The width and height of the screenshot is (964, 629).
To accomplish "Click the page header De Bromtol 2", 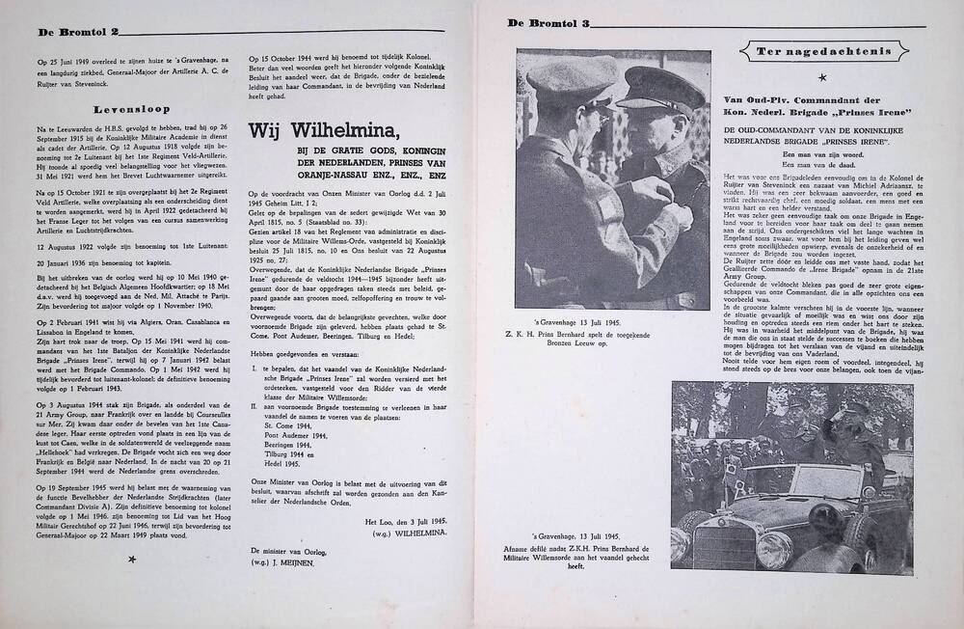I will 78,32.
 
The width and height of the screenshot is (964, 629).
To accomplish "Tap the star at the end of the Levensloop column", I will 132,559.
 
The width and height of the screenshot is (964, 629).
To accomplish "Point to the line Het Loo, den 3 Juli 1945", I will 405,522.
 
